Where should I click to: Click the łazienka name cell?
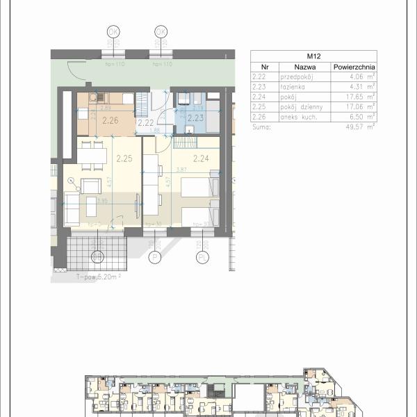tap(292, 88)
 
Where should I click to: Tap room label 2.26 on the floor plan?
tap(110, 121)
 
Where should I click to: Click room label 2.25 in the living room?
tap(124, 158)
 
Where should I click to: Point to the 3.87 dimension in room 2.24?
tap(182, 170)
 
